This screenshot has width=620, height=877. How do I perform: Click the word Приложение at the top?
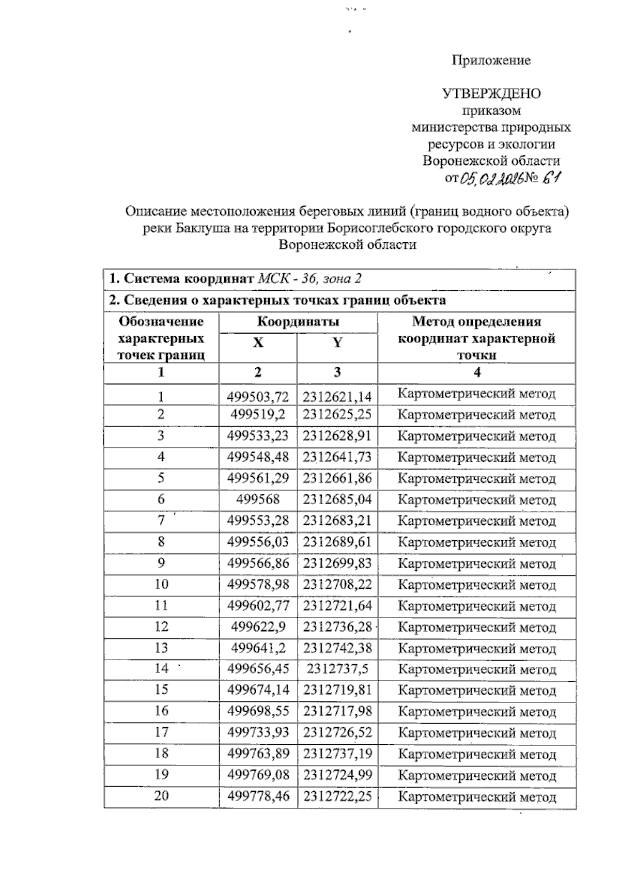491,60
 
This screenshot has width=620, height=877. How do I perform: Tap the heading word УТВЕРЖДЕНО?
491,93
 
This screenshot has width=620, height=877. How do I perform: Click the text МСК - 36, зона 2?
309,279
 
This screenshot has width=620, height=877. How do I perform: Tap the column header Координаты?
298,322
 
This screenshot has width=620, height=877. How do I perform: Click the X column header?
258,342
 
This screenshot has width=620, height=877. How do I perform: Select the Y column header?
337,342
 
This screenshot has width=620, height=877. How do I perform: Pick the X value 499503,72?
258,397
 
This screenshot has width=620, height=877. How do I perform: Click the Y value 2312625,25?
337,414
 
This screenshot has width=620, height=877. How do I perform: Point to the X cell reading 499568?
258,499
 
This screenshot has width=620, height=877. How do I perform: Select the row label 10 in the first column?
161,584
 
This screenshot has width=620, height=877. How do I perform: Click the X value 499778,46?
258,796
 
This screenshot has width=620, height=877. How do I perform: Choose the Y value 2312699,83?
337,563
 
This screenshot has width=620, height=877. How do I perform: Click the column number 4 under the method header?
476,372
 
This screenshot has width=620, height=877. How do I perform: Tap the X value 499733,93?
258,732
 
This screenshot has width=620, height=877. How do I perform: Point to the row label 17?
161,732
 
